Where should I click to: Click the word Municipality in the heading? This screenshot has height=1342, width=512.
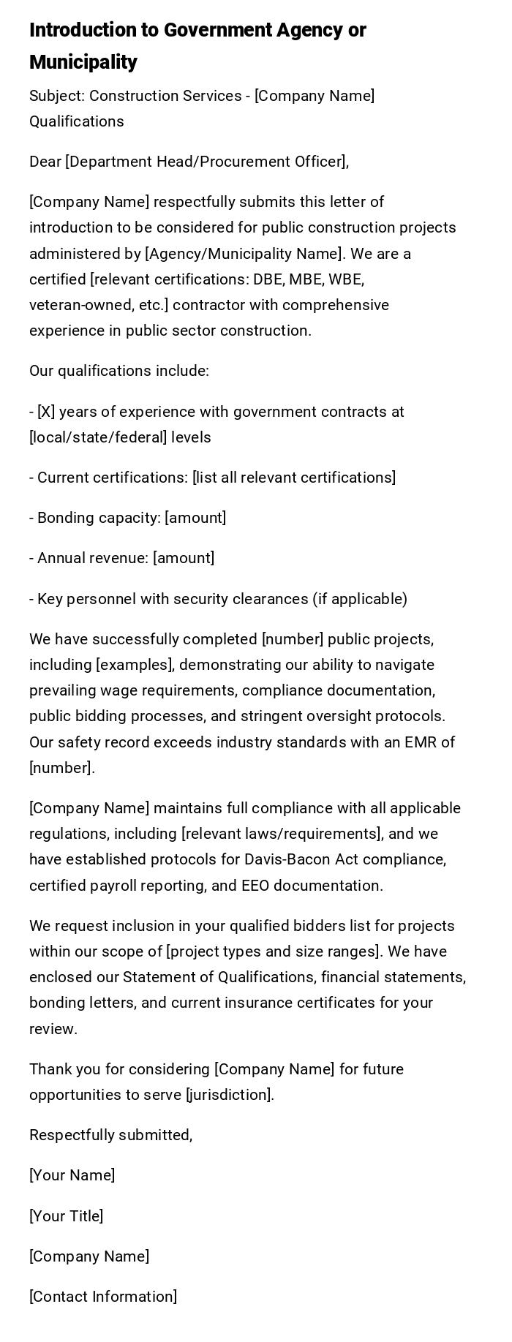[83, 62]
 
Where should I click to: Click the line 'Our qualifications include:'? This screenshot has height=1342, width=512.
[119, 371]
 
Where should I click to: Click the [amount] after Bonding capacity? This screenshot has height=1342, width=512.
[195, 518]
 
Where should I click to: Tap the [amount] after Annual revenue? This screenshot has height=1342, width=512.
[184, 558]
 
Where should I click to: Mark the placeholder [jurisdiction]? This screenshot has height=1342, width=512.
[230, 1095]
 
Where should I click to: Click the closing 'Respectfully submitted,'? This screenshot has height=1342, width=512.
[111, 1135]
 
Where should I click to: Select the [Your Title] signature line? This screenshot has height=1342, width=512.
[66, 1216]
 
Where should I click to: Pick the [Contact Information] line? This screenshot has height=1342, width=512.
[103, 1297]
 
